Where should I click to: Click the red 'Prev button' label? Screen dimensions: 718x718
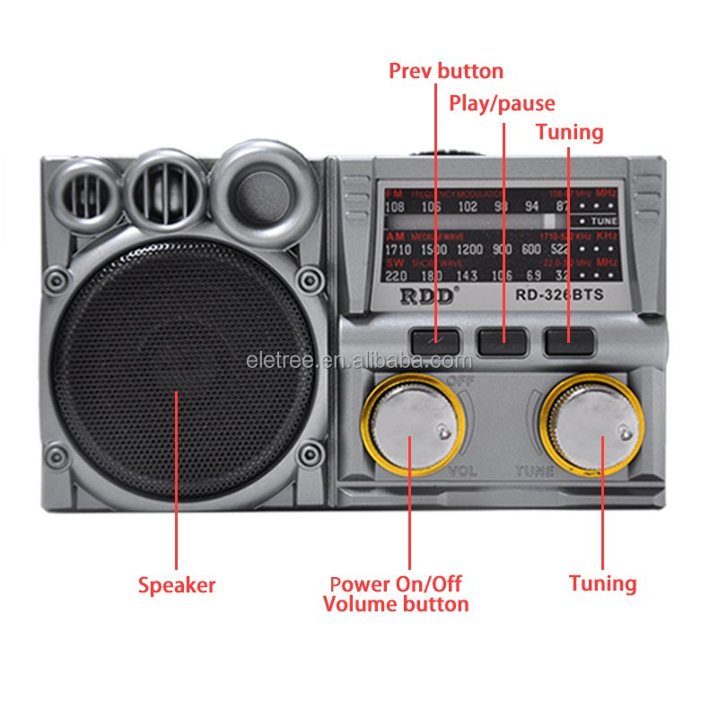tap(446, 71)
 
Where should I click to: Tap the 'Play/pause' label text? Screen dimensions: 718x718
tap(502, 103)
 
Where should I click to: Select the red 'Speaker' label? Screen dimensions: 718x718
tap(177, 585)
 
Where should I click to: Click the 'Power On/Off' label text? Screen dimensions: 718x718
tap(396, 584)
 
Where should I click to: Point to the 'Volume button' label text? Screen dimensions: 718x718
tap(396, 604)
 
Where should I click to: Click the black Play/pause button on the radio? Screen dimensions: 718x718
tap(502, 340)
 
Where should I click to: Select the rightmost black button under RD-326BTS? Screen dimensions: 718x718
tap(569, 340)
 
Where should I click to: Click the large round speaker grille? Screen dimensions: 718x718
tap(177, 371)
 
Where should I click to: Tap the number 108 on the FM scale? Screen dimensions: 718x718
tap(394, 208)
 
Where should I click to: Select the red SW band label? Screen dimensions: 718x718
tap(394, 262)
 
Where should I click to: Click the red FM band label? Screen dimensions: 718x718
tap(393, 194)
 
